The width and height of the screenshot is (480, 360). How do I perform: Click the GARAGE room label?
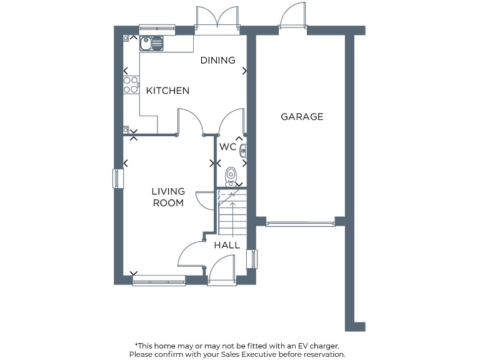[302, 117]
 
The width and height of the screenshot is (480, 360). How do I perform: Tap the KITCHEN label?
[167, 91]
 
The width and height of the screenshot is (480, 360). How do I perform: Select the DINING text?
[217, 61]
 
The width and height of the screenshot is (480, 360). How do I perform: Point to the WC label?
[227, 147]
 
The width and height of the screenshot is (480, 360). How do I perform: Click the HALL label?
[227, 246]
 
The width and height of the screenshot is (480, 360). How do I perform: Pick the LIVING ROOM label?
[168, 197]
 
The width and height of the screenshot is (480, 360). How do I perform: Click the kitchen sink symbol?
[152, 42]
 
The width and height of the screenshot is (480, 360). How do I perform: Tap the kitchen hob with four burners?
[131, 85]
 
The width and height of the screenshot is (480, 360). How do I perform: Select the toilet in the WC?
[231, 176]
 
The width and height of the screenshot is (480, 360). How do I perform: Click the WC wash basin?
[243, 150]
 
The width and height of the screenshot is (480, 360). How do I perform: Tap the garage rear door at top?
[292, 17]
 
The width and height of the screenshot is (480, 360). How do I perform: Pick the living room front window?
[159, 281]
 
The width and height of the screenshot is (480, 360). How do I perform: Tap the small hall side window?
[252, 259]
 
